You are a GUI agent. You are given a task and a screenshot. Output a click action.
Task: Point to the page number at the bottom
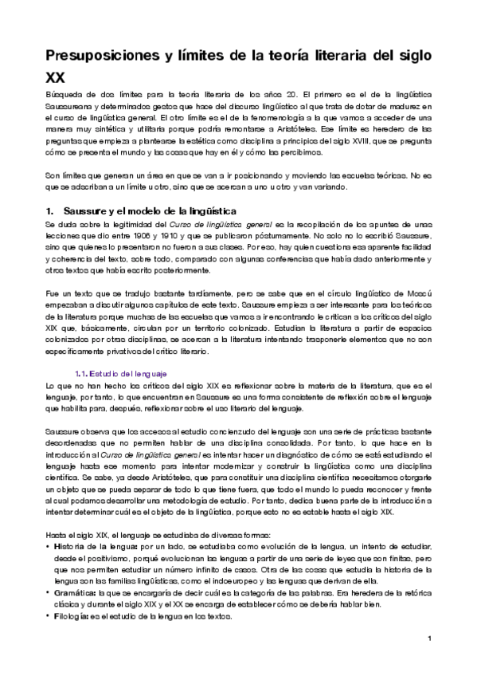pyautogui.click(x=428, y=638)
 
